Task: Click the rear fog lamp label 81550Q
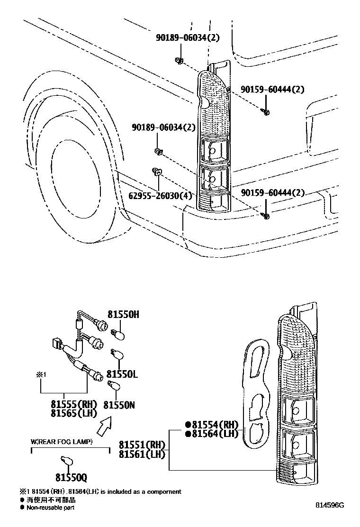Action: (x=71, y=477)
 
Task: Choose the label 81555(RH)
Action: (x=74, y=404)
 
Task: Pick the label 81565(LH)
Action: (x=74, y=413)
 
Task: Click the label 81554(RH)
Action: (x=212, y=425)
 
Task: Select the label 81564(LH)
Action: (x=212, y=434)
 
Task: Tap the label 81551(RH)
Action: (x=142, y=445)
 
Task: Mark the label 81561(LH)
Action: (x=142, y=454)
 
